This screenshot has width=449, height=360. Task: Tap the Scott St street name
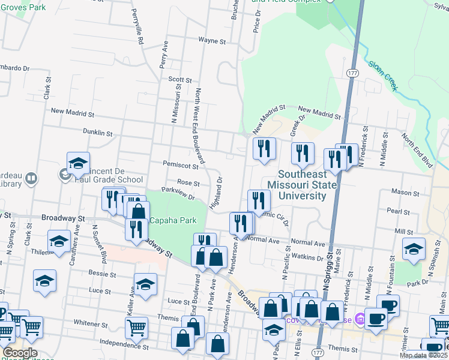point(179,79)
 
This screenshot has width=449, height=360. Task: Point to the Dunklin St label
point(98,132)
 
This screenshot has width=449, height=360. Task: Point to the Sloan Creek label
point(384,76)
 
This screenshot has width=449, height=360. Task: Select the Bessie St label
point(103,274)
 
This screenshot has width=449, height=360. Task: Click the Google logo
point(20,353)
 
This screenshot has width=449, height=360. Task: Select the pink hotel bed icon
point(360,317)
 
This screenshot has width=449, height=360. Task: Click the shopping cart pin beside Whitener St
point(136,326)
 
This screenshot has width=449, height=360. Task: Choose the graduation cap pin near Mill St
point(414,248)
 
